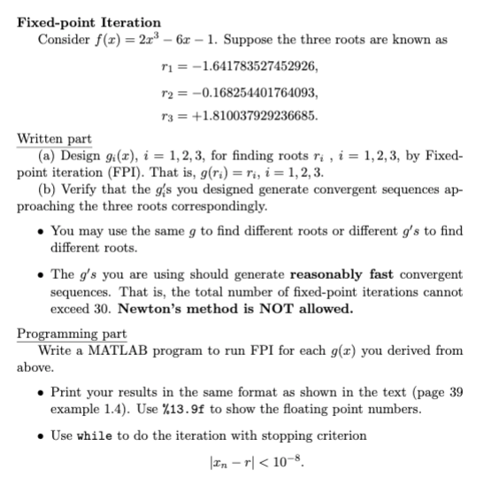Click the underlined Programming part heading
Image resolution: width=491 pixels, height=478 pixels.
72,334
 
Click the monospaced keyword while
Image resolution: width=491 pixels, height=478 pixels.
94,435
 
